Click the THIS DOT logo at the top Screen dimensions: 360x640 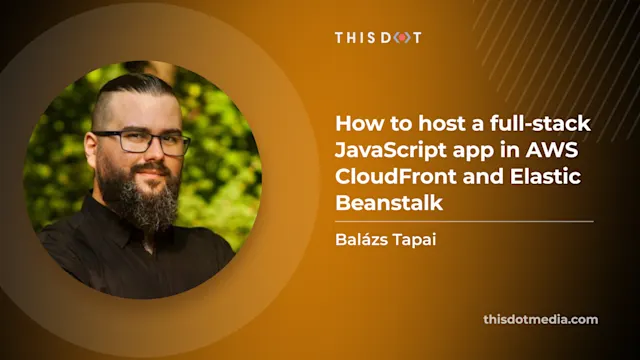tap(378, 37)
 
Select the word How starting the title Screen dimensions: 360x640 tap(353, 125)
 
